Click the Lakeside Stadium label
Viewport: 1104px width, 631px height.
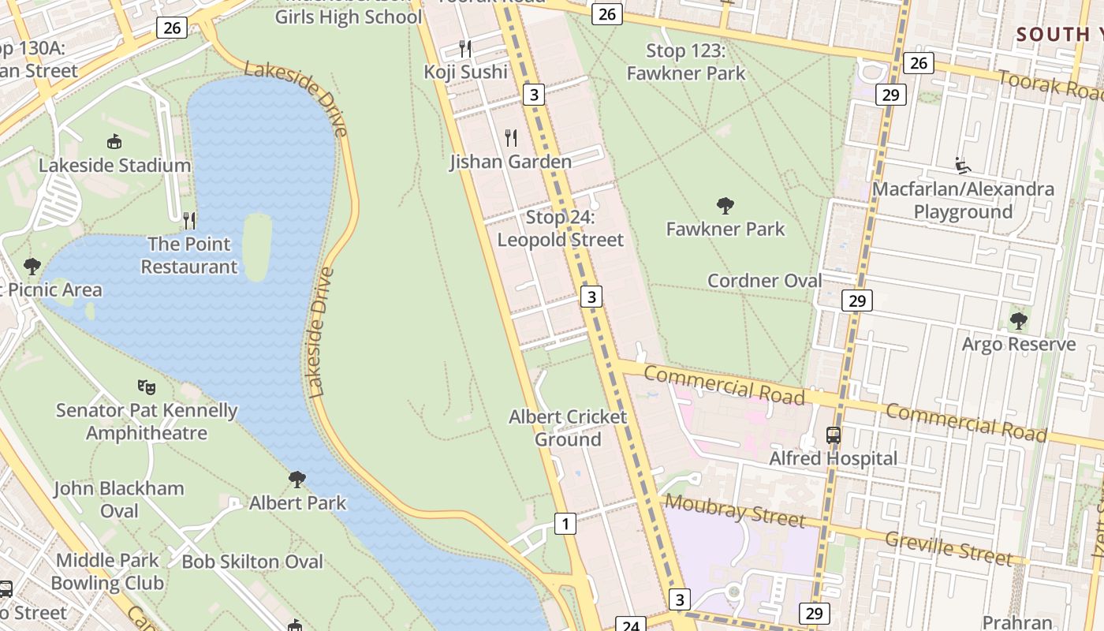[x=115, y=166]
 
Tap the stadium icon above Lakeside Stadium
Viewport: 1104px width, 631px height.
[x=115, y=142]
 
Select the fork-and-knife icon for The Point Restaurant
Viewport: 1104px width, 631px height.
[x=189, y=220]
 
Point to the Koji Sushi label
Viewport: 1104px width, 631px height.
[x=466, y=72]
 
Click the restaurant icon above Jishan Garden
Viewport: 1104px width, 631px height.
[x=511, y=138]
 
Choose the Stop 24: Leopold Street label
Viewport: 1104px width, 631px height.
[x=561, y=229]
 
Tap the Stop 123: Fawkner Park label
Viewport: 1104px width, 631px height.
[x=686, y=62]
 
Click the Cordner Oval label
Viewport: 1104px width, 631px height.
[x=765, y=281]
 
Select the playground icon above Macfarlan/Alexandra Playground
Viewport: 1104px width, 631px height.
[x=962, y=166]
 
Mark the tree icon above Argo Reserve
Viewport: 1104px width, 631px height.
[x=1019, y=321]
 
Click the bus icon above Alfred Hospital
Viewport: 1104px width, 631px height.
[x=834, y=435]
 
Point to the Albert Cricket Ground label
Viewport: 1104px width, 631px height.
[x=568, y=428]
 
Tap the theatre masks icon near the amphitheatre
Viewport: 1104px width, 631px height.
[x=146, y=386]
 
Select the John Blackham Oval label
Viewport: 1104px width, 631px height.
[x=119, y=499]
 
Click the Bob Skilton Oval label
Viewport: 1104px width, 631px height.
[x=252, y=562]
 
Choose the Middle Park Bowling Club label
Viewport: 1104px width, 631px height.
[x=107, y=572]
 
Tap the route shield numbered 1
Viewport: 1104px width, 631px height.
[x=565, y=523]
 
